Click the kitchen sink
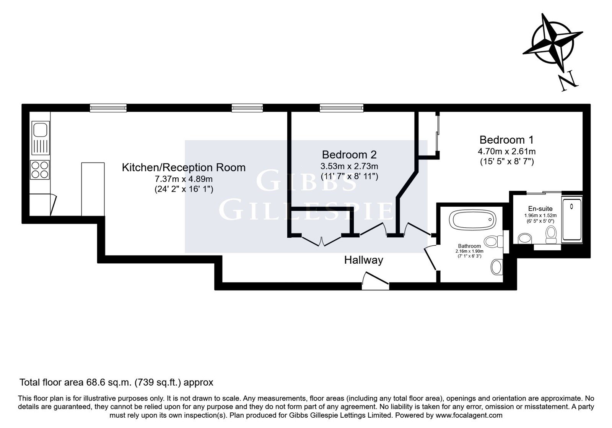(41, 138)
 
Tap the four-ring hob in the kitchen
(40, 170)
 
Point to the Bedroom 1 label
(506, 140)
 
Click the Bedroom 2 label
(349, 155)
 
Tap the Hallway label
(364, 260)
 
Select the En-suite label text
(540, 209)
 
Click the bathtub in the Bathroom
(474, 219)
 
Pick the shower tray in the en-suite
(572, 219)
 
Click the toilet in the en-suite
(551, 235)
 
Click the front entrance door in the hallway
(375, 280)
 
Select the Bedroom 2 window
(342, 108)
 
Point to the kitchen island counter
(93, 189)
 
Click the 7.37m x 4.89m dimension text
(184, 179)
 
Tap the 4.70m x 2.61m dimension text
(506, 151)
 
